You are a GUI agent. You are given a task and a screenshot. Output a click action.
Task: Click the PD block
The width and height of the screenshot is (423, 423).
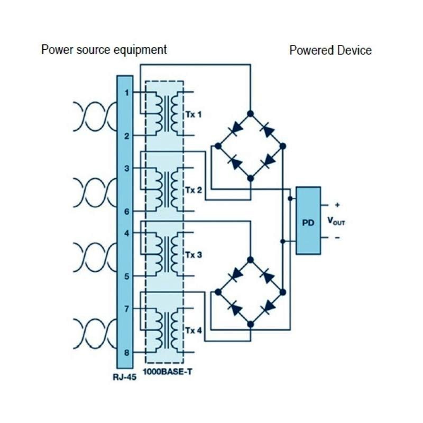click(x=308, y=221)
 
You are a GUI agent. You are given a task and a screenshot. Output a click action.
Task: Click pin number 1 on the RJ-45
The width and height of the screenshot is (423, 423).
click(x=126, y=93)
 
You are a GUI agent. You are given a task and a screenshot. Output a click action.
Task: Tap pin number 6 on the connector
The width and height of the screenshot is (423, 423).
click(x=126, y=212)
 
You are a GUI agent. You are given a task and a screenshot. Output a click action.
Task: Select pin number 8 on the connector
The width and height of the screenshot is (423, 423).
click(x=126, y=353)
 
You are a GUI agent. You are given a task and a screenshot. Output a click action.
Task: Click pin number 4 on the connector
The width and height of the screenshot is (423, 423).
click(x=126, y=233)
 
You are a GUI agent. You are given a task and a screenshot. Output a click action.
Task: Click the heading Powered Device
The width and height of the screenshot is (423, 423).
click(x=330, y=51)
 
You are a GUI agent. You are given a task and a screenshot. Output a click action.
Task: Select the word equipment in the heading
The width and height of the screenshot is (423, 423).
click(x=141, y=50)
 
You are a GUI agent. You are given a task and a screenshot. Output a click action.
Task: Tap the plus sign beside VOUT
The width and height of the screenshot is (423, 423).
click(x=337, y=205)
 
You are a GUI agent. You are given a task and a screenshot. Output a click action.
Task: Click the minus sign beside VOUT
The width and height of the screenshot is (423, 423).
click(x=337, y=238)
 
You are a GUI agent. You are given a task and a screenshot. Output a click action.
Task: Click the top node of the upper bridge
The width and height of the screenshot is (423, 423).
click(x=251, y=114)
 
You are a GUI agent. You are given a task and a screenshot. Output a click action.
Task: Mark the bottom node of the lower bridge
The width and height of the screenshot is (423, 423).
click(x=251, y=324)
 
